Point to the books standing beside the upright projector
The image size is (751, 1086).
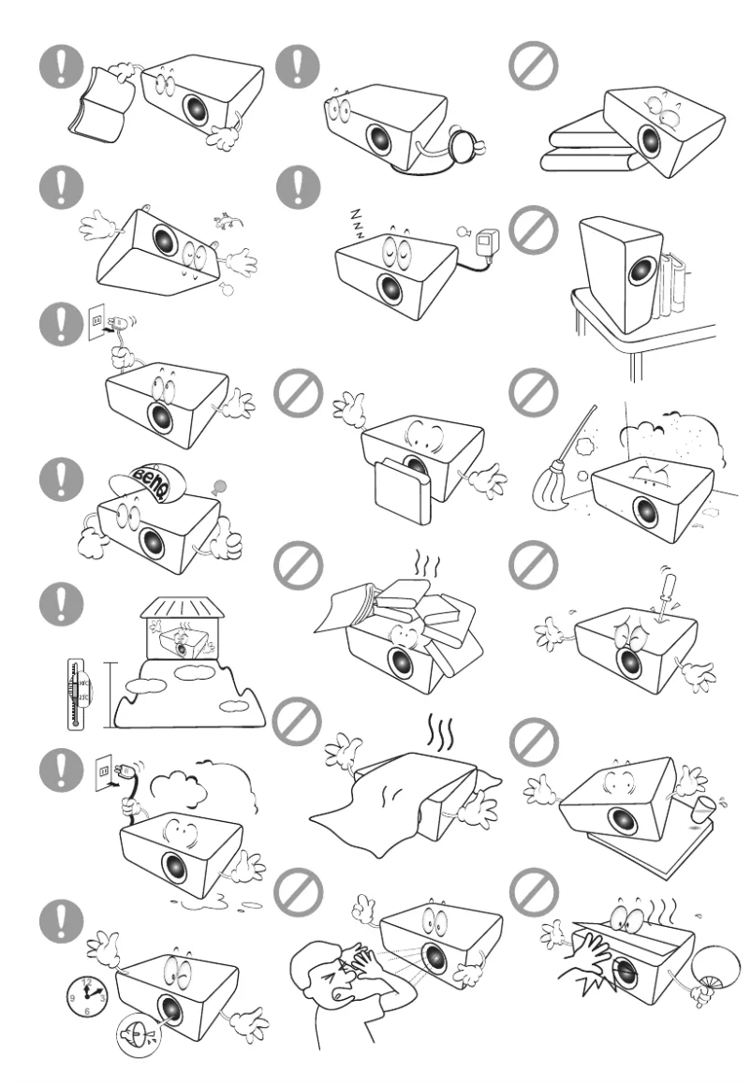point(673,271)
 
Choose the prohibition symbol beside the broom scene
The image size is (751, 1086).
point(531,394)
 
